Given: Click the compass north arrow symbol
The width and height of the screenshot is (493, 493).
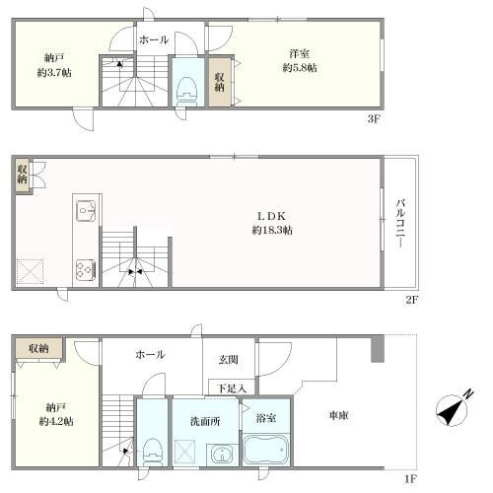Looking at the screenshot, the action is [x=454, y=409].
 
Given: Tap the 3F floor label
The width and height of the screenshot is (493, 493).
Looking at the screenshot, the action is [x=374, y=118].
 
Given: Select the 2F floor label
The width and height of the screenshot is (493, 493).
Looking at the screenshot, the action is [x=411, y=300].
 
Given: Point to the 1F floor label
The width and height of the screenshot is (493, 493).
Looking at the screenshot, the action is [x=410, y=479].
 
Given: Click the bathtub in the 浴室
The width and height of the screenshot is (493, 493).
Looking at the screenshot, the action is [x=266, y=450].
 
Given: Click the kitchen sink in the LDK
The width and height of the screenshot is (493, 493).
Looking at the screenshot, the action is [x=86, y=211].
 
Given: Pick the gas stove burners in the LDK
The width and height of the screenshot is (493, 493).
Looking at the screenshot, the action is [x=86, y=269].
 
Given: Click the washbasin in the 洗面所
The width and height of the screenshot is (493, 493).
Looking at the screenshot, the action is [x=222, y=455].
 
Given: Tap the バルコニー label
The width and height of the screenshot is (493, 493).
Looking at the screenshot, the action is [x=400, y=224].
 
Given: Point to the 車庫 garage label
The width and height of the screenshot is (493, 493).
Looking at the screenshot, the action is [x=339, y=415].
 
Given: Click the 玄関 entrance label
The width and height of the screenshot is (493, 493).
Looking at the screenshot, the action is [x=229, y=360].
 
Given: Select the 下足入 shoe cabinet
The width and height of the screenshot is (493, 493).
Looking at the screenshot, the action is [x=232, y=387].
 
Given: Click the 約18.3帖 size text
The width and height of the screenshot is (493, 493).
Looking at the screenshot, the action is [x=272, y=230].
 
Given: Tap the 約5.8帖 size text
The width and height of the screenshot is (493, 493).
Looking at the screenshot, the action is [x=300, y=68].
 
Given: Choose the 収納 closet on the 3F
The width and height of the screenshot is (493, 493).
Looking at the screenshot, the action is [x=220, y=82].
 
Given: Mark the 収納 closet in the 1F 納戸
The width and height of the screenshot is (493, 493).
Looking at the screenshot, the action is [x=38, y=348].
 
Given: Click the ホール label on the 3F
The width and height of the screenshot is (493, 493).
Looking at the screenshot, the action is [x=154, y=39].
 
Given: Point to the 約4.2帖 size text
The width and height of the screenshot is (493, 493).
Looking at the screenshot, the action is [x=56, y=421].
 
